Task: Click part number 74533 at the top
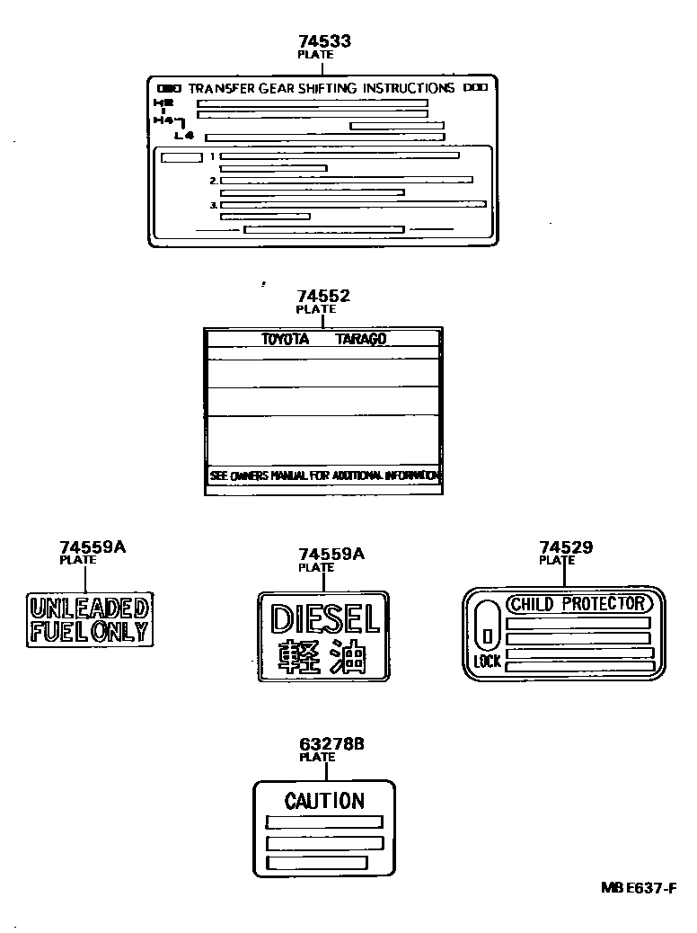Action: (323, 41)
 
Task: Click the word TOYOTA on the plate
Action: (285, 339)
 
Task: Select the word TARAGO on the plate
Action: (361, 339)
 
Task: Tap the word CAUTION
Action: (324, 800)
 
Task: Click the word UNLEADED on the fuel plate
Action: (88, 609)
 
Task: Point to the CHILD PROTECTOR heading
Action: (577, 603)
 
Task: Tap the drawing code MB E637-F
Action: (638, 887)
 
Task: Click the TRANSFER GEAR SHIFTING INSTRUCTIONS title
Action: (322, 88)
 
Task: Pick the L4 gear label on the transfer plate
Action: (184, 136)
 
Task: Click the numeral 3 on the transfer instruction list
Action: (213, 205)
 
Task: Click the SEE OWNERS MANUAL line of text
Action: (324, 475)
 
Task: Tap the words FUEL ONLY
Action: (88, 630)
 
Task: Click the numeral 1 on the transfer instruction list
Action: (213, 156)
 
